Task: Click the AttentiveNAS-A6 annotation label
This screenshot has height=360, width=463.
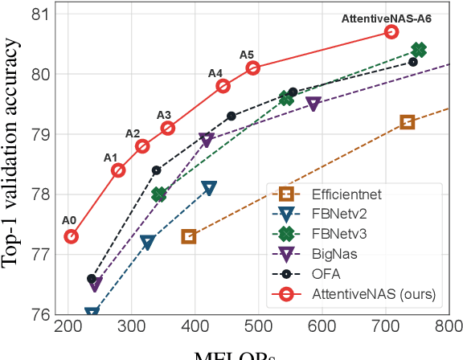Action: point(358,18)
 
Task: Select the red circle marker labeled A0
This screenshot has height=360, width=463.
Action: point(71,236)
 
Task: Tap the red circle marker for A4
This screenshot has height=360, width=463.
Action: point(223,86)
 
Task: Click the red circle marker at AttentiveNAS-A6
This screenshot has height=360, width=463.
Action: point(391,31)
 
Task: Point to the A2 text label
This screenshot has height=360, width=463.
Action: point(133,133)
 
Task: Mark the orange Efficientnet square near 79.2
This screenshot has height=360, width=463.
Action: point(408,122)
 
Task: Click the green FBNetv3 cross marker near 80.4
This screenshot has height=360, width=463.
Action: point(419,50)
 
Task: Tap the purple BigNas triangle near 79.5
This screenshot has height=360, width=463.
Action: point(313,104)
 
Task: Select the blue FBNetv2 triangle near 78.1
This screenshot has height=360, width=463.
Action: point(210,188)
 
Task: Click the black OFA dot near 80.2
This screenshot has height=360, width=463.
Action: point(413,62)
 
